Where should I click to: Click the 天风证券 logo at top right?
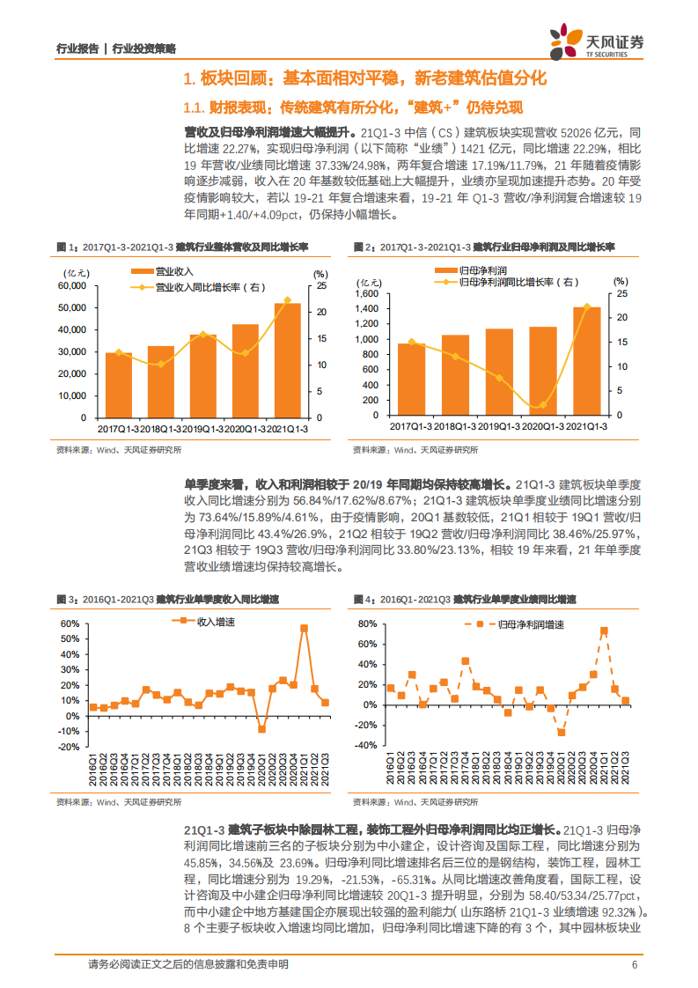597,41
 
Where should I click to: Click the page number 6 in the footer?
635,964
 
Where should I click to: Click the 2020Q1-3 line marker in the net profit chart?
543,405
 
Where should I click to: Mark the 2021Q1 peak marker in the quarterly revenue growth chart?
304,628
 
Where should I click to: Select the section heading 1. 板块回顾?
364,79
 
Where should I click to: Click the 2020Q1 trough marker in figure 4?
562,732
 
